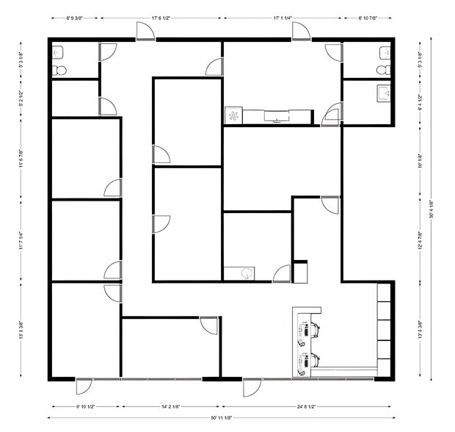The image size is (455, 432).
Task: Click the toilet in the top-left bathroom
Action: (60, 71)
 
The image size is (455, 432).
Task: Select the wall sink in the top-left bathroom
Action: (58, 53)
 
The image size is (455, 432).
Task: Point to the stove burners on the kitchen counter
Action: (233, 115)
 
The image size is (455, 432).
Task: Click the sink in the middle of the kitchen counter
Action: (276, 116)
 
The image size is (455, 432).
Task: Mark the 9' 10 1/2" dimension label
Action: (85, 405)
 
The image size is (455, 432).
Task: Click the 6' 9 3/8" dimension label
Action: (75, 15)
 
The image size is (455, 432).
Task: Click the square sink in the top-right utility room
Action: (382, 93)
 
